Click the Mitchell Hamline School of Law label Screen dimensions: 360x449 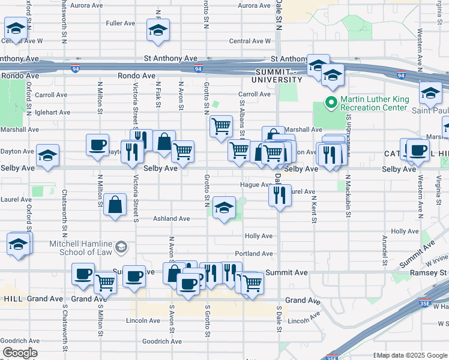[x=81, y=248]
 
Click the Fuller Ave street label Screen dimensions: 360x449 [x=120, y=23]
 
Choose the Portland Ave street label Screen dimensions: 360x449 [x=254, y=254]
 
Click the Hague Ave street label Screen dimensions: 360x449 [x=254, y=185]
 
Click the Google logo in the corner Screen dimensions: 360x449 [x=19, y=353]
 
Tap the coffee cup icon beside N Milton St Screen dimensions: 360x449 [x=97, y=144]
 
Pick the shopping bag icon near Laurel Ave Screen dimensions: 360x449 [x=115, y=205]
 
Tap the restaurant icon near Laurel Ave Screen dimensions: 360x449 [x=280, y=195]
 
